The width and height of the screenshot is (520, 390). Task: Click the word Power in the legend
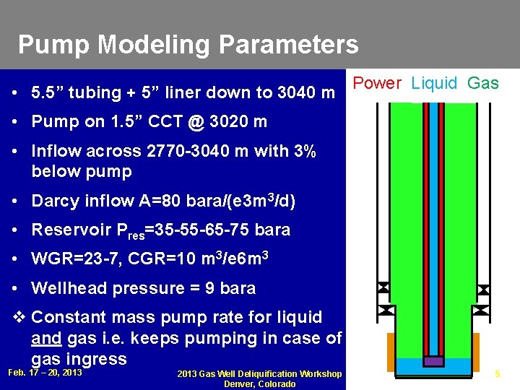(377, 83)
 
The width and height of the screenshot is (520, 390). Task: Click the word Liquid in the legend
(434, 83)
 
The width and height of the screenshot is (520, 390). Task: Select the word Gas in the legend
(482, 83)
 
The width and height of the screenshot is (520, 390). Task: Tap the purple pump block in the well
(433, 361)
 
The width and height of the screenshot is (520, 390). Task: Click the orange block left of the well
(391, 352)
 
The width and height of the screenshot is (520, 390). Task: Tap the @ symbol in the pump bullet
(196, 122)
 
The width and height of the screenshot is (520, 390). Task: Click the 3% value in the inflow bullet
(304, 152)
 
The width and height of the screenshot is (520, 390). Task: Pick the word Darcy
(56, 201)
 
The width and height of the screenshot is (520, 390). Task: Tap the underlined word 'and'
(47, 339)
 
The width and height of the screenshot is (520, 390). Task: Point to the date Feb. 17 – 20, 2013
(45, 373)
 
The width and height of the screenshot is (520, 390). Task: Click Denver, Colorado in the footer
(260, 383)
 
